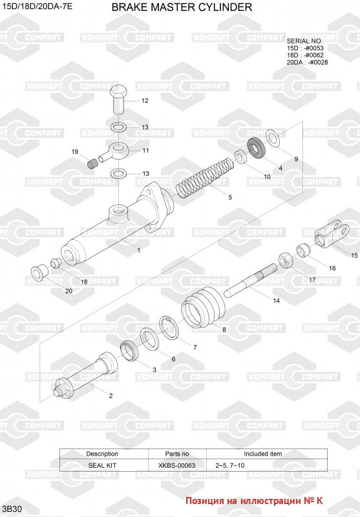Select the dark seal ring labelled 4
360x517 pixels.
pyautogui.click(x=257, y=148)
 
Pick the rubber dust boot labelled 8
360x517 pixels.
pyautogui.click(x=204, y=306)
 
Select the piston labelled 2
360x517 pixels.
pyautogui.click(x=86, y=376)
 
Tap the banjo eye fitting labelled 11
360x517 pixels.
pyautogui.click(x=114, y=152)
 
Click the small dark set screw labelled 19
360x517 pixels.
pyautogui.click(x=93, y=163)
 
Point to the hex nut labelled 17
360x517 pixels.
pyautogui.click(x=286, y=261)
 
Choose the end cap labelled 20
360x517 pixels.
pyautogui.click(x=39, y=272)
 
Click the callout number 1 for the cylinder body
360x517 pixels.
pyautogui.click(x=139, y=250)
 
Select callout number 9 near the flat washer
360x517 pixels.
pyautogui.click(x=296, y=159)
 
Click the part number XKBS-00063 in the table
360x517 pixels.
pyautogui.click(x=176, y=465)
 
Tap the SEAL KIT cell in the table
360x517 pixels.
pyautogui.click(x=102, y=465)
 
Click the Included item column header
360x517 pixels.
pyautogui.click(x=263, y=454)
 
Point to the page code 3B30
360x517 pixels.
pyautogui.click(x=12, y=509)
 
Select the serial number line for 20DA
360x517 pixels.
pyautogui.click(x=307, y=62)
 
